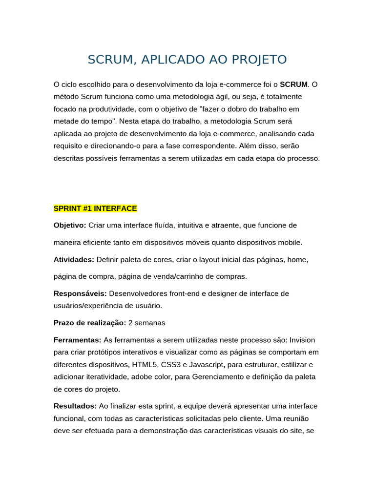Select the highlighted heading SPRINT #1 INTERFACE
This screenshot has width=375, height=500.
click(x=95, y=208)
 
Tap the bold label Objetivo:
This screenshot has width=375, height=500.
click(x=70, y=225)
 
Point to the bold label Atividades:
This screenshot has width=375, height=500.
click(x=74, y=259)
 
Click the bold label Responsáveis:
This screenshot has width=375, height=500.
click(x=80, y=293)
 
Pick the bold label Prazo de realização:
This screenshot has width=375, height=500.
click(x=90, y=323)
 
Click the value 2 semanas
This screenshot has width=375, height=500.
click(x=147, y=323)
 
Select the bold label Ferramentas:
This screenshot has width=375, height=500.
click(x=77, y=340)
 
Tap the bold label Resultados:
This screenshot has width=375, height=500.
click(x=76, y=406)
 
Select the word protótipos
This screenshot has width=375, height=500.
click(x=103, y=352)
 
